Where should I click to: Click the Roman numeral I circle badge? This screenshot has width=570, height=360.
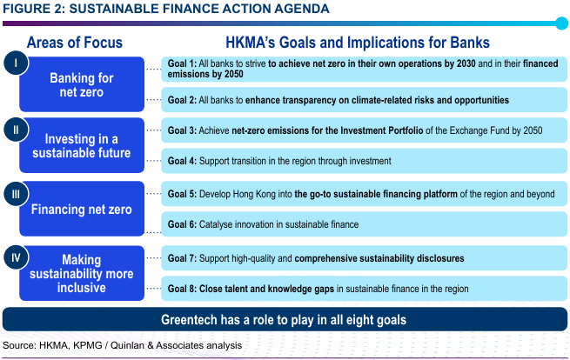[16, 63]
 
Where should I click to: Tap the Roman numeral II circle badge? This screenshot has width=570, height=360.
[16, 130]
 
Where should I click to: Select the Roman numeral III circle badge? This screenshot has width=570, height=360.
[16, 194]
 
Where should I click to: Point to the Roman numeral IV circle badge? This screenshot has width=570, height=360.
[16, 257]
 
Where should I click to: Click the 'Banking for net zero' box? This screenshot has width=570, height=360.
[82, 84]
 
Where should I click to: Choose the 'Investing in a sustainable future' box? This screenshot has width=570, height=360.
[82, 145]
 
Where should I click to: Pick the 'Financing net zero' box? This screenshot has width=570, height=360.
[82, 209]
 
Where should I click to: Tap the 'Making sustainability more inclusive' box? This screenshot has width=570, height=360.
[82, 273]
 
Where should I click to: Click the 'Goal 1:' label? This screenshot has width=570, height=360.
[182, 63]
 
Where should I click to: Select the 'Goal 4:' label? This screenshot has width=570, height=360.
[182, 161]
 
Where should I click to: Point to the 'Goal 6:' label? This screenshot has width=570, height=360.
[182, 224]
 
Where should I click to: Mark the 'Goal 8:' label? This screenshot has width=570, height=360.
[182, 289]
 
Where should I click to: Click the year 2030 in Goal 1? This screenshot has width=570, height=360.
[466, 63]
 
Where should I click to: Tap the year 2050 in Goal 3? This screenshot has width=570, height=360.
[533, 130]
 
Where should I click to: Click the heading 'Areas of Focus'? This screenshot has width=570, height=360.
[75, 43]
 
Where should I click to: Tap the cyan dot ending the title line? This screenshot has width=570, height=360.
[561, 23]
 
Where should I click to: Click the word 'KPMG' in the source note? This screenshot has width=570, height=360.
[88, 345]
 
